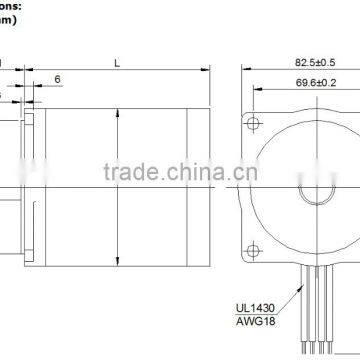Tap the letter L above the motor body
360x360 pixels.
[118, 62]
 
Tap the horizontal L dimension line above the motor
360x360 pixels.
[118, 73]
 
